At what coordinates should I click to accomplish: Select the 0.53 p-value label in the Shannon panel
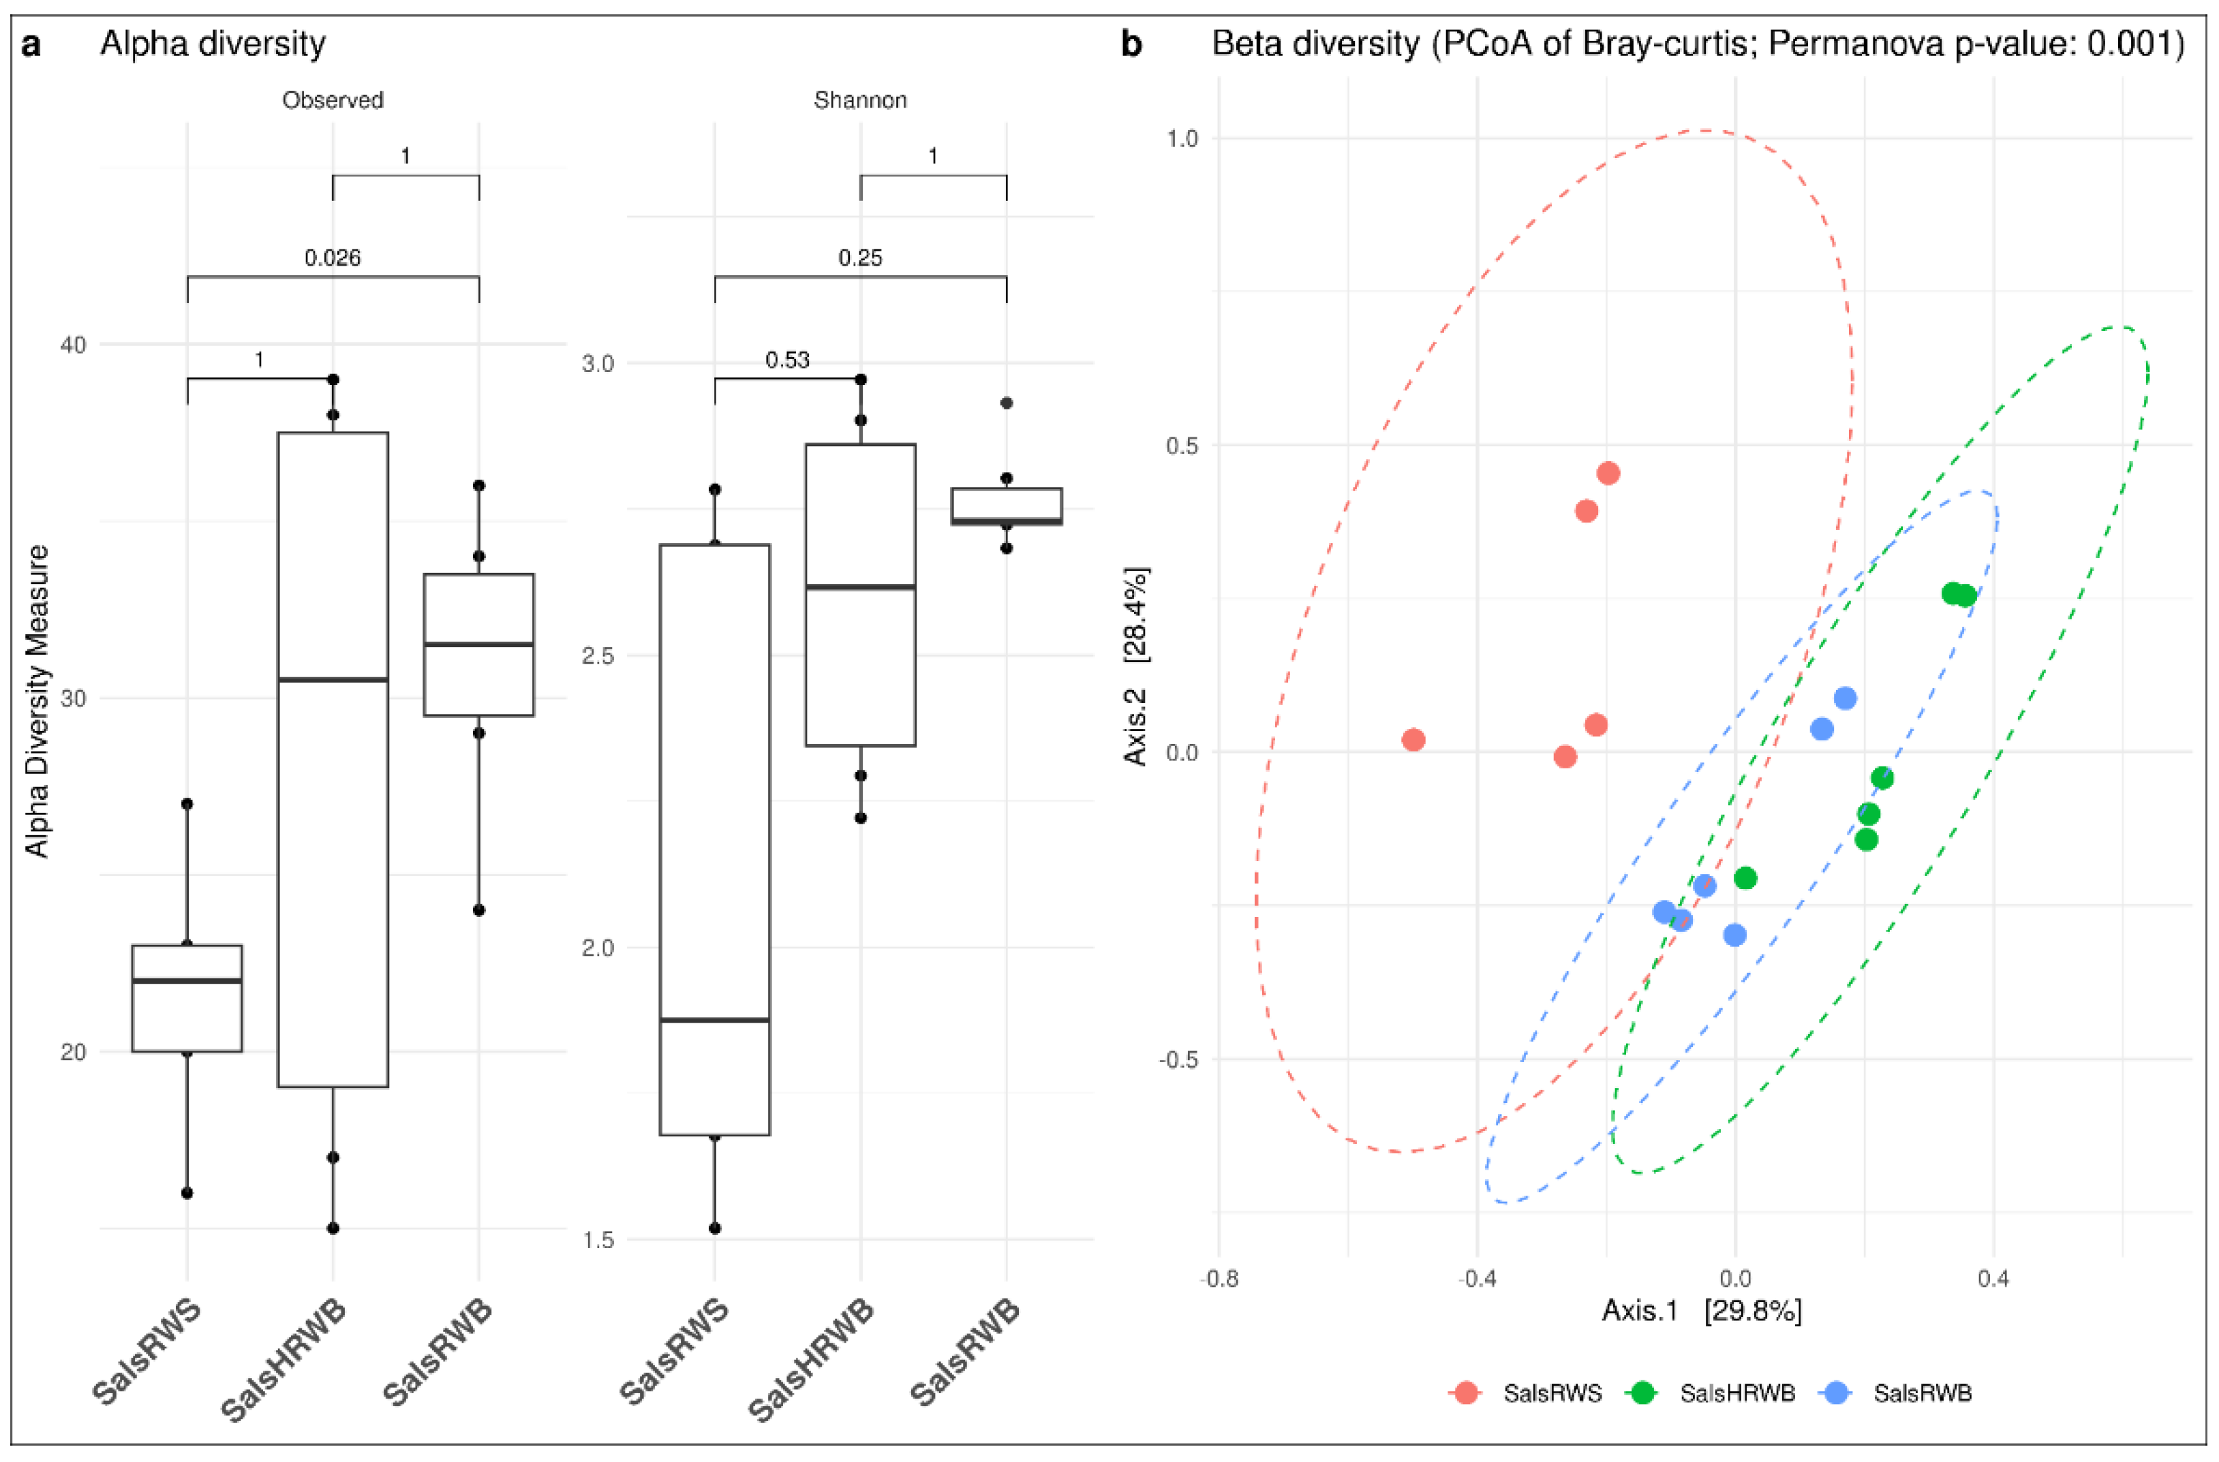pos(787,360)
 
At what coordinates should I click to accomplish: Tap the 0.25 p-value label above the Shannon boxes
pos(860,258)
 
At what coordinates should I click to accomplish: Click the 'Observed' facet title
pos(333,99)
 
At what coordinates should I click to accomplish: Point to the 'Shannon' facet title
pos(860,99)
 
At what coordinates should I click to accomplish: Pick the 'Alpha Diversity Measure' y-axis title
pos(37,701)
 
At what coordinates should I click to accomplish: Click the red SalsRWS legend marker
pos(1467,1393)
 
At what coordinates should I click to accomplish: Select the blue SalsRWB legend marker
pos(1835,1393)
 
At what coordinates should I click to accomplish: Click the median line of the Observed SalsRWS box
pos(187,981)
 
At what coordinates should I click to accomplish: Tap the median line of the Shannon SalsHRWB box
pos(860,587)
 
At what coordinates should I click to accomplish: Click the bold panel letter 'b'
pos(1131,44)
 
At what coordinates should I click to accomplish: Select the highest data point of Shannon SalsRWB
pos(1007,403)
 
